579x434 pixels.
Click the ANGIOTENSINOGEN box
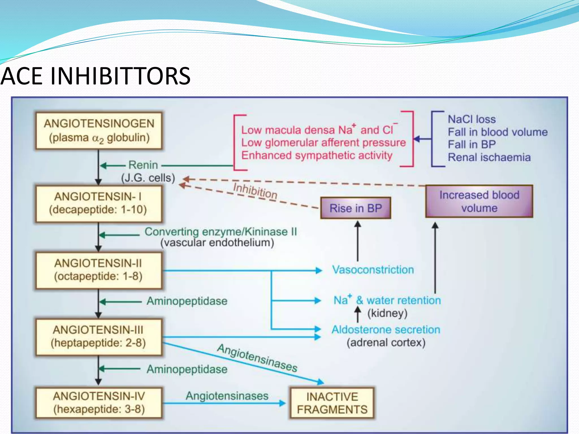tap(99, 131)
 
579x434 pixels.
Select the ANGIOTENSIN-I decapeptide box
tap(98, 203)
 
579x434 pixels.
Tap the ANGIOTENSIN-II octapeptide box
tap(98, 270)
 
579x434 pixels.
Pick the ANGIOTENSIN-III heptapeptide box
tap(98, 337)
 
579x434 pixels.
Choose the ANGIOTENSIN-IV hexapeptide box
tap(99, 403)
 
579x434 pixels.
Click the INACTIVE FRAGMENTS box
tap(332, 403)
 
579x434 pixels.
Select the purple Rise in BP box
tap(356, 208)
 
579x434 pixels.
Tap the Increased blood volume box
tap(479, 201)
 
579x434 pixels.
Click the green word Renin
tap(143, 165)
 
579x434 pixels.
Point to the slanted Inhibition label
tap(255, 191)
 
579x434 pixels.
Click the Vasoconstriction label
tap(373, 270)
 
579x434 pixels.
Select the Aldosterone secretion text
tap(386, 330)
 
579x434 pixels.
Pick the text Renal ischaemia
tap(489, 157)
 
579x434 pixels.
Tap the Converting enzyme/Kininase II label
tap(221, 232)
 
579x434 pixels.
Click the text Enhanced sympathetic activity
tap(317, 155)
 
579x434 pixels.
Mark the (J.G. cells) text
tap(148, 178)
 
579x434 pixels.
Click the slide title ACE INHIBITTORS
tap(96, 76)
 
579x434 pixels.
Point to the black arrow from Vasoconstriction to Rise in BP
tap(358, 242)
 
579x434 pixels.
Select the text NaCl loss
tap(472, 119)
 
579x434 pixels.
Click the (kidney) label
tap(387, 313)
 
